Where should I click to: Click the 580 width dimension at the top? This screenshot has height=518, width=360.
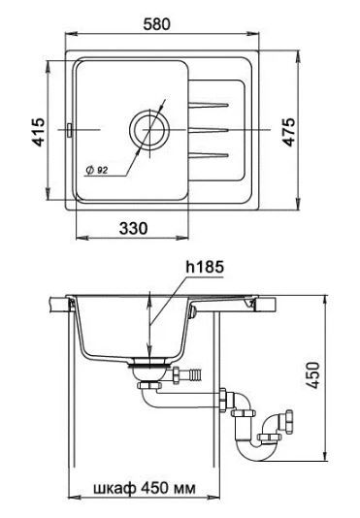tap(156, 24)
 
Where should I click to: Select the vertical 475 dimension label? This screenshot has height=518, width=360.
tap(289, 132)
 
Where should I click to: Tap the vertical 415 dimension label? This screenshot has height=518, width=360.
tap(39, 132)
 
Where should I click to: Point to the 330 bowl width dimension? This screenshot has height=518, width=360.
tap(133, 228)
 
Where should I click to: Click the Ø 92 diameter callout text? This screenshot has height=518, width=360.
tap(97, 170)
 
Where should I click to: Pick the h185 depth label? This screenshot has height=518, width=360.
tap(205, 267)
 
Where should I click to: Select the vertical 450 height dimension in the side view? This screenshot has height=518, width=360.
tap(312, 375)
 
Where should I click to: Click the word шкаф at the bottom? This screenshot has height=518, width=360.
tap(115, 488)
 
